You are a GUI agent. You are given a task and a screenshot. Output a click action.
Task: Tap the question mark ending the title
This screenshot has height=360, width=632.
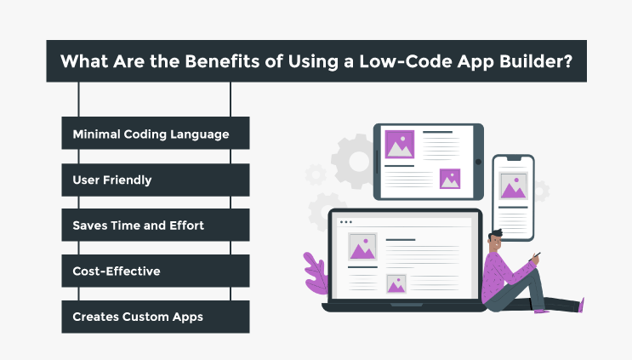(568, 61)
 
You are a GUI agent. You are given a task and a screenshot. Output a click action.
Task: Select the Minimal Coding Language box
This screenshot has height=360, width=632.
(156, 133)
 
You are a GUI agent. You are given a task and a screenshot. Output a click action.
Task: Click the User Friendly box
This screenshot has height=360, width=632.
(156, 180)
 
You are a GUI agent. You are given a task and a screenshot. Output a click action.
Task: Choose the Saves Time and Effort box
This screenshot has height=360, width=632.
(156, 225)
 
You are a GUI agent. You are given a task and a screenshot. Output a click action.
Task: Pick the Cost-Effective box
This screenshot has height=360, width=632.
(156, 271)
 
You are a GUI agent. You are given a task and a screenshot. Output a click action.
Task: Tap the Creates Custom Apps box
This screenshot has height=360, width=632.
(156, 317)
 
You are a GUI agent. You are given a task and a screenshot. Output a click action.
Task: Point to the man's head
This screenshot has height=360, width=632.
(495, 240)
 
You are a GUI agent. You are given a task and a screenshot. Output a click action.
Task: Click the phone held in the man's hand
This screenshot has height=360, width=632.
(535, 257)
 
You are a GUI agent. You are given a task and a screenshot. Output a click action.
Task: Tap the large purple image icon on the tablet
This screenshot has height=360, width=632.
(400, 144)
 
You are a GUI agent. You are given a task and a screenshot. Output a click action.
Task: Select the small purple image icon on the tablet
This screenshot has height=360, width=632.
(450, 179)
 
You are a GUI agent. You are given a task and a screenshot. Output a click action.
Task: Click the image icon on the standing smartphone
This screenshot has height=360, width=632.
(513, 186)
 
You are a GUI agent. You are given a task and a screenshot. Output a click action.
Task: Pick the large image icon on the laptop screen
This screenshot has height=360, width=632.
(362, 246)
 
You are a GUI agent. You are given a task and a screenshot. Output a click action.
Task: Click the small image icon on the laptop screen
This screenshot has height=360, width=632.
(396, 283)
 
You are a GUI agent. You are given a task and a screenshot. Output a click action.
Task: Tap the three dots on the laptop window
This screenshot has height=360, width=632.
(346, 222)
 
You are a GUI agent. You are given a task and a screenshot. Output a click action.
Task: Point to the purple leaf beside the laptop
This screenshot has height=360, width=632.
(316, 274)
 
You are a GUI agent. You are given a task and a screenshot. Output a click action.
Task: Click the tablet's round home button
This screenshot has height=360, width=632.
(478, 162)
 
